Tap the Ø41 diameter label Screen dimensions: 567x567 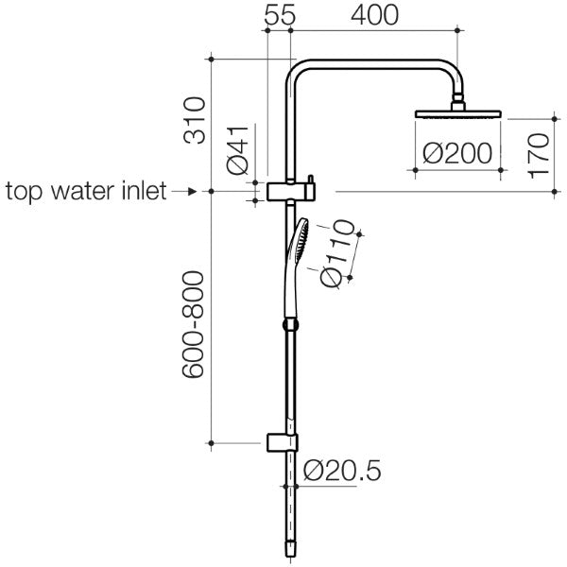click(240, 152)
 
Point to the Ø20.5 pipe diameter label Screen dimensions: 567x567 click(344, 470)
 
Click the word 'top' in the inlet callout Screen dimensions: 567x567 click(25, 192)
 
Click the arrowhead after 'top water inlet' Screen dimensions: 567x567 click(192, 192)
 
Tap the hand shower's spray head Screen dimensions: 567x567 click(299, 237)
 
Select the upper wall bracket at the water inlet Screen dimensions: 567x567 click(287, 192)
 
